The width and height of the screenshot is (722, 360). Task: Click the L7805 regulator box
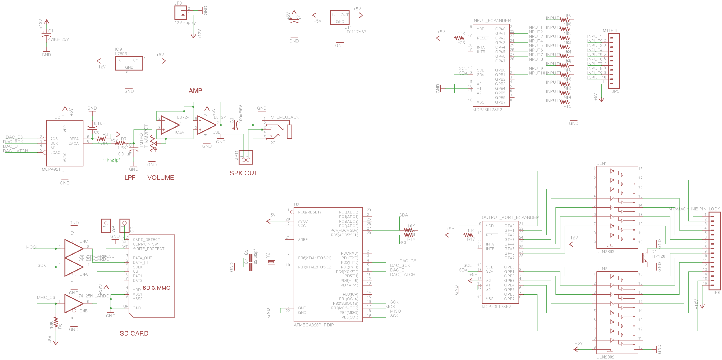tap(129, 63)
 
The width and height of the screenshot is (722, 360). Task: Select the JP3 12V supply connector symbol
tap(180, 13)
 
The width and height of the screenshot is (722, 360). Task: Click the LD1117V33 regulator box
tap(339, 17)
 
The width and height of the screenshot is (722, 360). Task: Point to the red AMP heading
tap(195, 91)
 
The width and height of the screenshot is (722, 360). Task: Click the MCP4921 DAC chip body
tap(64, 143)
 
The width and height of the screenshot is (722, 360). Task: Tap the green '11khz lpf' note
tap(111, 160)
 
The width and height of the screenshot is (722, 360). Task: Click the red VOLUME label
tap(161, 178)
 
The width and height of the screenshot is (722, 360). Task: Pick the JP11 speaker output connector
tap(246, 157)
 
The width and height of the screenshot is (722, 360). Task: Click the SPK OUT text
tap(244, 173)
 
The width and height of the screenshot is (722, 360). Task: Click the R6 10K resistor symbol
tap(56, 322)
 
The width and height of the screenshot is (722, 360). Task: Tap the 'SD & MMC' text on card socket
tap(156, 288)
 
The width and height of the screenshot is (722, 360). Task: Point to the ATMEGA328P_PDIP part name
tap(313, 325)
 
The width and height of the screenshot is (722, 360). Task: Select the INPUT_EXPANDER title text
tap(492, 20)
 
